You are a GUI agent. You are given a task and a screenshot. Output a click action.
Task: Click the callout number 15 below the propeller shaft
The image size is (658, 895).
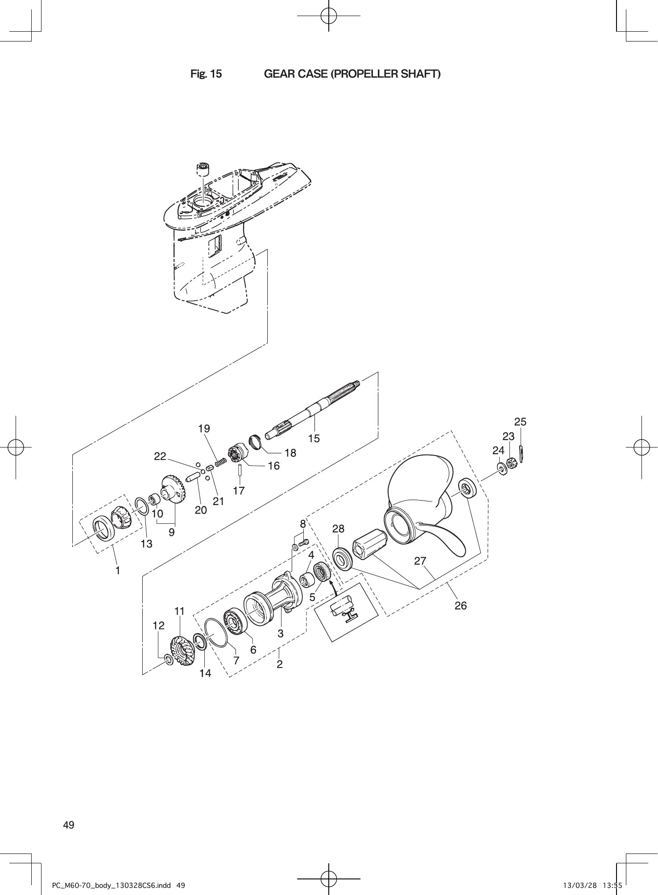point(314,438)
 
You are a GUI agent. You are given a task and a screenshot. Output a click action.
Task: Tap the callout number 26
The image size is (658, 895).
point(460,605)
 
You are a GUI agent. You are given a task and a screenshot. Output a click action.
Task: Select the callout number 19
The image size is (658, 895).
point(204,429)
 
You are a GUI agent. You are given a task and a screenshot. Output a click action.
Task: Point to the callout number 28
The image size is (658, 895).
point(338,529)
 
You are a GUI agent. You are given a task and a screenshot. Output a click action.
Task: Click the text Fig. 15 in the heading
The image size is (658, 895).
point(206,74)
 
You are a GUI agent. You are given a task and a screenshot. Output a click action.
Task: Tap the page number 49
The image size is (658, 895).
point(69,825)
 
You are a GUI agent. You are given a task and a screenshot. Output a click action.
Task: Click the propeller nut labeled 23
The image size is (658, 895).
point(510,463)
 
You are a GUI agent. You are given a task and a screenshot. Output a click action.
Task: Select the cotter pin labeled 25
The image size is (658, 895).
point(522,455)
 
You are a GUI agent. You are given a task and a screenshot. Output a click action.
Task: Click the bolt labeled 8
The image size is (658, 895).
point(304,543)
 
